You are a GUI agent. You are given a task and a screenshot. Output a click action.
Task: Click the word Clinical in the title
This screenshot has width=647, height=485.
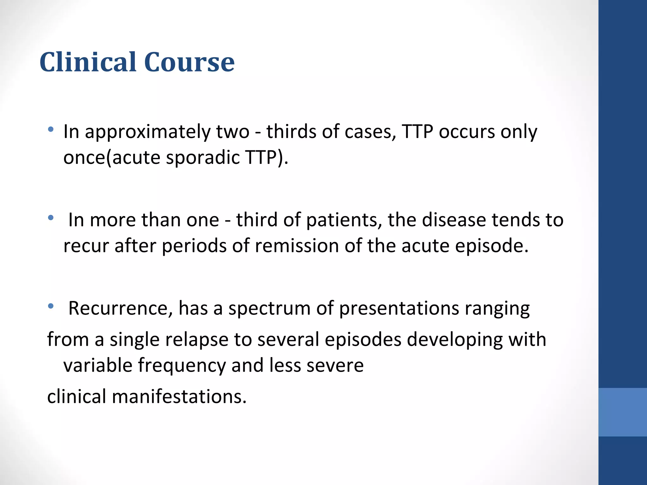pos(89,62)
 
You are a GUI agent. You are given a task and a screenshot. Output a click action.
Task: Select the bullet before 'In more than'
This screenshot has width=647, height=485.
pos(51,218)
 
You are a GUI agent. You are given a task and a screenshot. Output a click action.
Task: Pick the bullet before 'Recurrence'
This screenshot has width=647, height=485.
pos(51,306)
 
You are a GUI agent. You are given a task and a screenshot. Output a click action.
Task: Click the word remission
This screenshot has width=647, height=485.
pos(297,246)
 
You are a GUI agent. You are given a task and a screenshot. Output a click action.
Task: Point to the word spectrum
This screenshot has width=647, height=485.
pos(269,309)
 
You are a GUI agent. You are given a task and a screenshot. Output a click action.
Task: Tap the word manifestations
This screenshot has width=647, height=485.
pos(179,397)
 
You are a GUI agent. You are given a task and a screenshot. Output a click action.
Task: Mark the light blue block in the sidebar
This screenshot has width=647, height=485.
pos(622,412)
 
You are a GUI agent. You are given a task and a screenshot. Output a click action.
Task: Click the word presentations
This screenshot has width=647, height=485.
pos(399,309)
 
